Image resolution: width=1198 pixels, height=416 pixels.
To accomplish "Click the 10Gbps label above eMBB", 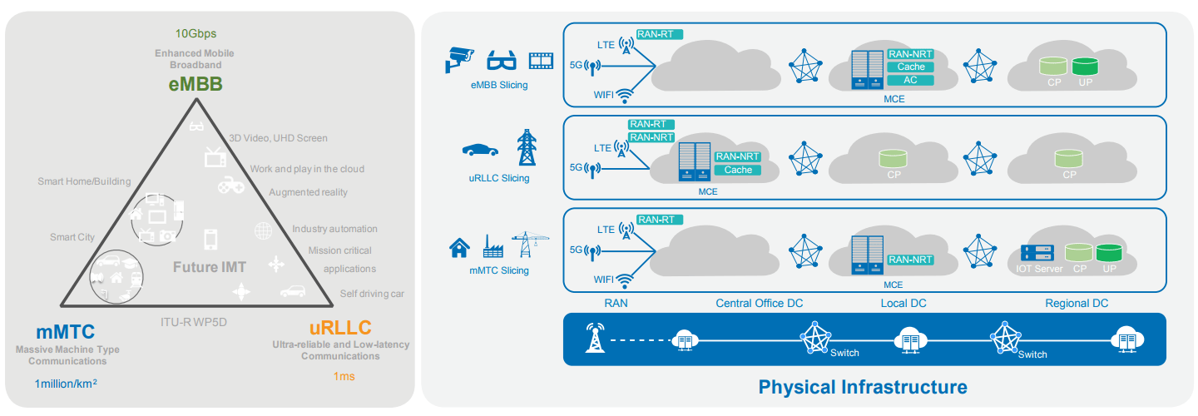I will [x=196, y=34].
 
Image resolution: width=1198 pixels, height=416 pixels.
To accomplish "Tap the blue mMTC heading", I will [x=65, y=331].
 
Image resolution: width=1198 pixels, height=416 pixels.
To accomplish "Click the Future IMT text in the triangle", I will [x=210, y=267].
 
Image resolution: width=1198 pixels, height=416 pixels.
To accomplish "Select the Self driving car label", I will [x=372, y=294].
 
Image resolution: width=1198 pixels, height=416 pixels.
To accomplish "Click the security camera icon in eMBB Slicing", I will [x=458, y=58].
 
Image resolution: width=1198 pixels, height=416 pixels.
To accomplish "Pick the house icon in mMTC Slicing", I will [x=459, y=247].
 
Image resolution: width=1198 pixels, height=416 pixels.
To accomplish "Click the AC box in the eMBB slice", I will [x=911, y=80].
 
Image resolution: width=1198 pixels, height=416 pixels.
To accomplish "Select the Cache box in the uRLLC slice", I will [x=738, y=170].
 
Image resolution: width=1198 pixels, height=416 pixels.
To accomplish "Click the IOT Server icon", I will [x=1037, y=252].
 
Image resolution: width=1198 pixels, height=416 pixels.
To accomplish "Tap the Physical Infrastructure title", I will [x=863, y=387].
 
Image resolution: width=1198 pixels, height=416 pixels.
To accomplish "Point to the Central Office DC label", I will [x=760, y=304].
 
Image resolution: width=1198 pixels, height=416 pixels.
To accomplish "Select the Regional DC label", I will [x=1077, y=304].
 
